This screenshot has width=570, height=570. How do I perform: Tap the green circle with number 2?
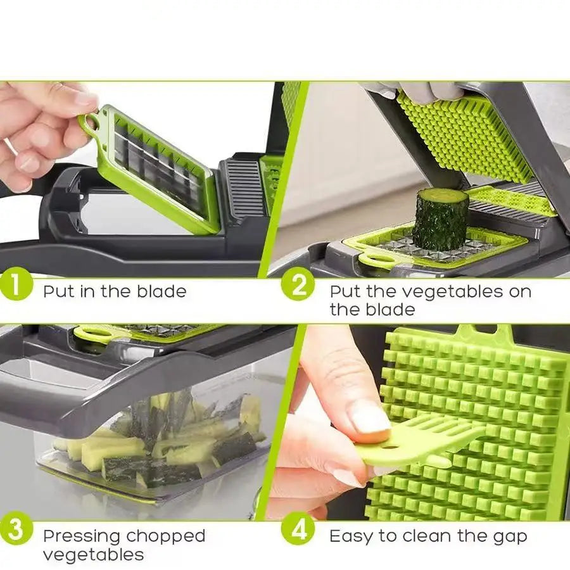(x=298, y=287)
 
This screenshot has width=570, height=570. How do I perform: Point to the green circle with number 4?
(x=298, y=531)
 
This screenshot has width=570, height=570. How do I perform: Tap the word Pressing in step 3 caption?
(x=81, y=536)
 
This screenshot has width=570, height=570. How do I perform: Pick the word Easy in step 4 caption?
(x=351, y=537)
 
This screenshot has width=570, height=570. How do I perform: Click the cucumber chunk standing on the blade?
(x=441, y=218)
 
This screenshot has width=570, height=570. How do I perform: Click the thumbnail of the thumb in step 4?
(x=369, y=419)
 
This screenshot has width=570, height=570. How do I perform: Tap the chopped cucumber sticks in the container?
(x=158, y=443)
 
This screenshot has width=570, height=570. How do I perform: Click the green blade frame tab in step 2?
(x=370, y=259)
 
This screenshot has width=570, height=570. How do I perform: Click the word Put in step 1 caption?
(x=59, y=292)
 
